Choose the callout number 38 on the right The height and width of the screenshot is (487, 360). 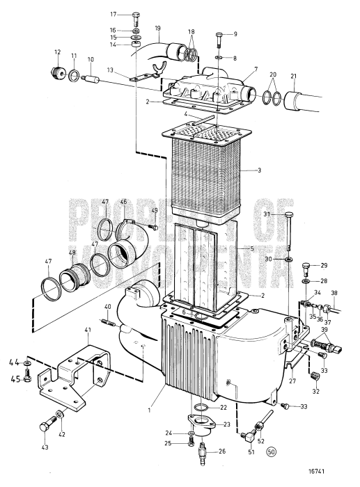pyautogui.click(x=334, y=294)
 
